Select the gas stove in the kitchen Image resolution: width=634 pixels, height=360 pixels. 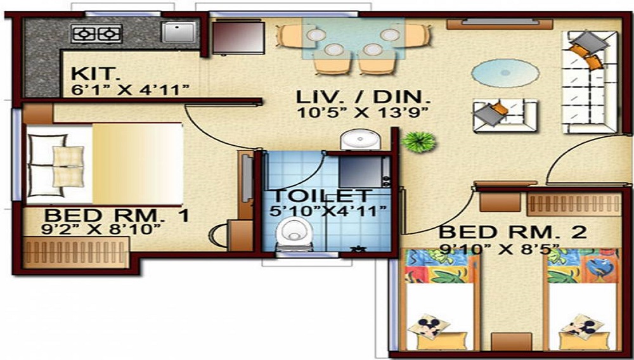[x=96, y=33]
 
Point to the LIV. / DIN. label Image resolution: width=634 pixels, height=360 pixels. [x=364, y=98]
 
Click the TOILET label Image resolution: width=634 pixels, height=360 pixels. [x=321, y=196]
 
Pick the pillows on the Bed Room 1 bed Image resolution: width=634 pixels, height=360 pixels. [x=68, y=166]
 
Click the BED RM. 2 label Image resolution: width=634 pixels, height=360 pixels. [x=513, y=232]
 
